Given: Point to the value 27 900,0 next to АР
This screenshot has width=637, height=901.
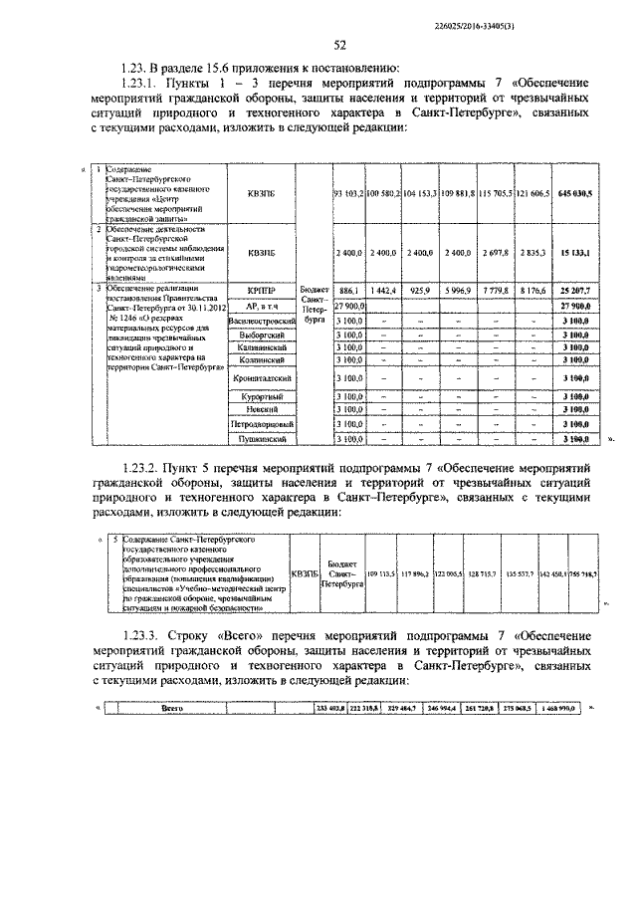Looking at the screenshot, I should [x=347, y=306].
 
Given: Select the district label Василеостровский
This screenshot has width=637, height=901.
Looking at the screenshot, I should [x=262, y=322].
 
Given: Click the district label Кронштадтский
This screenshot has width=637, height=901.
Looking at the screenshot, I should [x=262, y=379].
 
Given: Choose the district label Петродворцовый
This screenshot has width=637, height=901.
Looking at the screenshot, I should [x=262, y=424].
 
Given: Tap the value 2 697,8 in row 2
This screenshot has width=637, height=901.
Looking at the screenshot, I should [x=495, y=255].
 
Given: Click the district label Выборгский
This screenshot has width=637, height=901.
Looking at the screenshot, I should [x=262, y=337].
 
